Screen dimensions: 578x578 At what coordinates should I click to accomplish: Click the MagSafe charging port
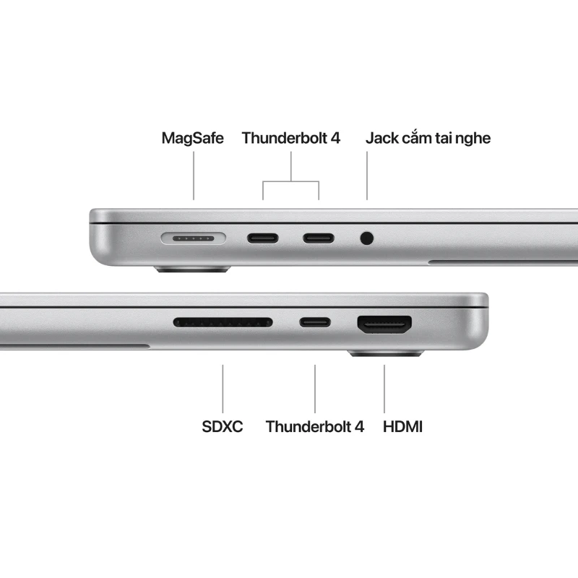pyautogui.click(x=194, y=237)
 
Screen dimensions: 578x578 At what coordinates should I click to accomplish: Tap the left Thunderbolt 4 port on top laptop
pyautogui.click(x=263, y=237)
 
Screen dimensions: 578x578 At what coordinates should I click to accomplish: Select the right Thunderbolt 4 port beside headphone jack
pyautogui.click(x=318, y=237)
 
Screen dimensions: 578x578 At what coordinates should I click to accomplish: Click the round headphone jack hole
pyautogui.click(x=367, y=237)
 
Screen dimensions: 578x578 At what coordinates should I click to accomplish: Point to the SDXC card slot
pyautogui.click(x=223, y=322)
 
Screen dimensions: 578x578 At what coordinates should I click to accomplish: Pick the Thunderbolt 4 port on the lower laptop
pyautogui.click(x=315, y=322)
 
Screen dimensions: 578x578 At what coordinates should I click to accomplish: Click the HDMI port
pyautogui.click(x=384, y=324)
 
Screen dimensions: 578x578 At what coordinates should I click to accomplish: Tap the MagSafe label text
pyautogui.click(x=193, y=137)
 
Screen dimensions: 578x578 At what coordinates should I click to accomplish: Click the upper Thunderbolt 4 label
pyautogui.click(x=290, y=137)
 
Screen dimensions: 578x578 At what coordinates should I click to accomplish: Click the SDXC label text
pyautogui.click(x=222, y=426)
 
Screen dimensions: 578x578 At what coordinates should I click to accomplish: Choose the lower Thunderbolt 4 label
pyautogui.click(x=314, y=426)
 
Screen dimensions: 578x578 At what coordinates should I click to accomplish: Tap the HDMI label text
pyautogui.click(x=402, y=426)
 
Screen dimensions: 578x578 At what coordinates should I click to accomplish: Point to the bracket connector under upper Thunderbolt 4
pyautogui.click(x=290, y=181)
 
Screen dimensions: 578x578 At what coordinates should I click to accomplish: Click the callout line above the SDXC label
pyautogui.click(x=223, y=389)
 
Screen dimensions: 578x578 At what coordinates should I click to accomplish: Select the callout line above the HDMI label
pyautogui.click(x=384, y=389)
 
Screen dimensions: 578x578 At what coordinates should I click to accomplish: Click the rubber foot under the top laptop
pyautogui.click(x=191, y=269)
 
